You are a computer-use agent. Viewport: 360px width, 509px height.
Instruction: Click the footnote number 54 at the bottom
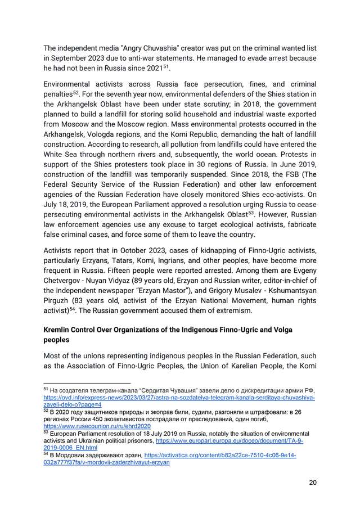point(46,453)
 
